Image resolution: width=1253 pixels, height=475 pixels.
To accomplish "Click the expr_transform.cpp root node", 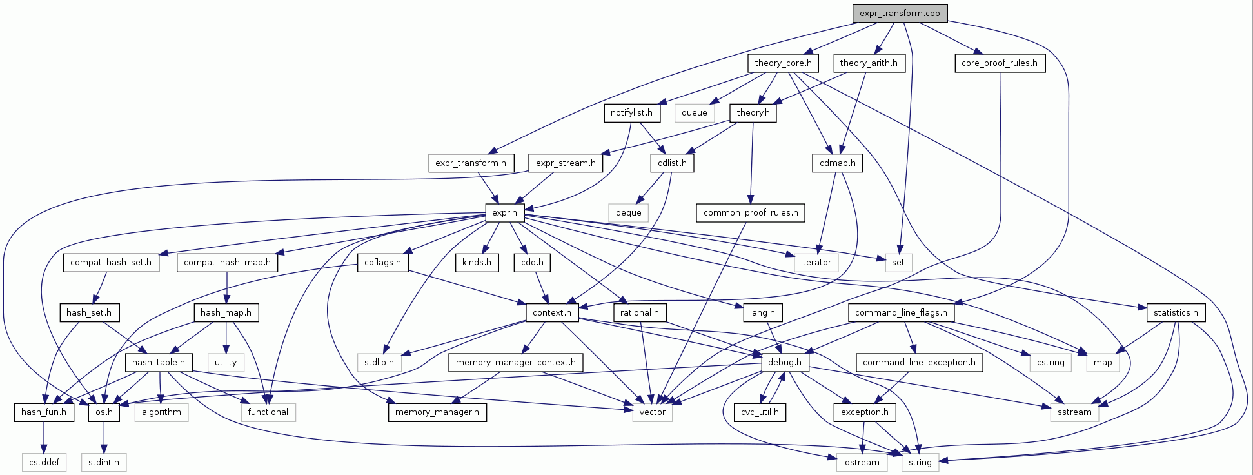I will pyautogui.click(x=900, y=13).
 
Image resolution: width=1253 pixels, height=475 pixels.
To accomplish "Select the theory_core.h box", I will pyautogui.click(x=783, y=63).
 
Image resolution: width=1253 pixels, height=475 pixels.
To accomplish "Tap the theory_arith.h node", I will pyautogui.click(x=869, y=63).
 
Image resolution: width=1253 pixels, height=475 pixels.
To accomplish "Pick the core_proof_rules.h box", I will pyautogui.click(x=999, y=63).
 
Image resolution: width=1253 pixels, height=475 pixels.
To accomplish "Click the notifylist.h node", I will pyautogui.click(x=631, y=112).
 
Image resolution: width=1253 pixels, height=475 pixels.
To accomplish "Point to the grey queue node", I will pyautogui.click(x=695, y=112).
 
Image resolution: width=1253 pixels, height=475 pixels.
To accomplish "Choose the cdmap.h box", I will pyautogui.click(x=837, y=163).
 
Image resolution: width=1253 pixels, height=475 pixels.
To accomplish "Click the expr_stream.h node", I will pyautogui.click(x=566, y=163).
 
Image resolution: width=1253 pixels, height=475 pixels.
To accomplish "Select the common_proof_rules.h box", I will pyautogui.click(x=751, y=212).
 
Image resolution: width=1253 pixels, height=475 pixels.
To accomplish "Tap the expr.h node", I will pyautogui.click(x=504, y=212).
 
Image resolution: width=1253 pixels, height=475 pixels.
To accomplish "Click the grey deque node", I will pyautogui.click(x=628, y=212).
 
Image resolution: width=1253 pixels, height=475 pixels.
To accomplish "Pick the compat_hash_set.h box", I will pyautogui.click(x=111, y=262).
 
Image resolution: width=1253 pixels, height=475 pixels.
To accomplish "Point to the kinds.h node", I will pyautogui.click(x=477, y=262).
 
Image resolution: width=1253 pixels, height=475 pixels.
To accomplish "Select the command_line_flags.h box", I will pyautogui.click(x=901, y=312).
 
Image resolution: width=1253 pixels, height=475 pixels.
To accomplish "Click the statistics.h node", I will pyautogui.click(x=1176, y=312).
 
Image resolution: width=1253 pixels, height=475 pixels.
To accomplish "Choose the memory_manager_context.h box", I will pyautogui.click(x=515, y=362).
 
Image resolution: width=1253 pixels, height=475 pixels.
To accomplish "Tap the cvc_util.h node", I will pyautogui.click(x=760, y=412).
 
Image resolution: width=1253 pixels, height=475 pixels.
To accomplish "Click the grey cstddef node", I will pyautogui.click(x=44, y=462).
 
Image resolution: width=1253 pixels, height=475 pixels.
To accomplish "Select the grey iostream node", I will pyautogui.click(x=860, y=462).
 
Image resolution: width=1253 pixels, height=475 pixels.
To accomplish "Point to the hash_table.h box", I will pyautogui.click(x=158, y=362).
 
